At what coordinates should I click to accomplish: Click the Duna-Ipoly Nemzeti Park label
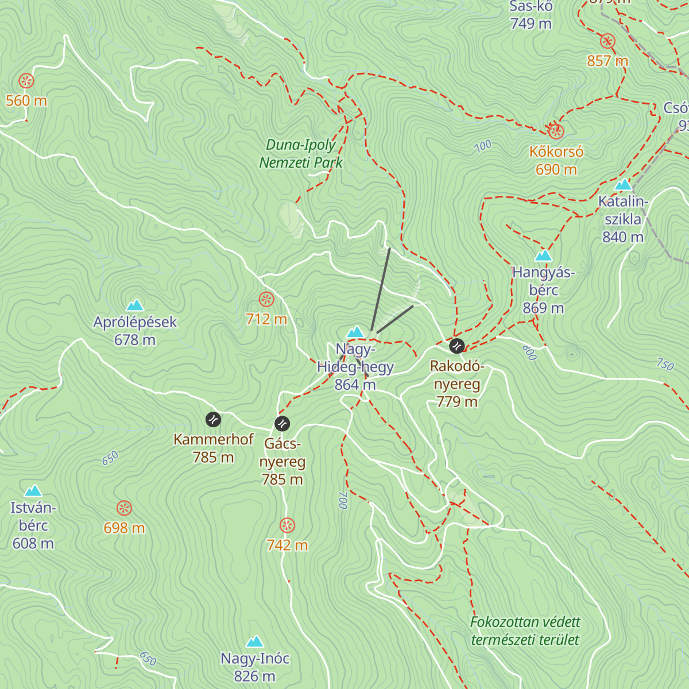click(301, 154)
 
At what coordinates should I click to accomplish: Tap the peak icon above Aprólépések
click(135, 305)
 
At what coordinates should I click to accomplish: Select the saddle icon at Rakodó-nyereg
click(456, 346)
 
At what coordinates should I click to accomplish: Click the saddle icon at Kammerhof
click(213, 420)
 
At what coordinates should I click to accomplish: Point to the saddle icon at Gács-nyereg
click(282, 424)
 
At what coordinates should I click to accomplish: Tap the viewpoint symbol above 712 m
click(266, 299)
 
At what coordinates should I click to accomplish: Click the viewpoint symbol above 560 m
click(26, 80)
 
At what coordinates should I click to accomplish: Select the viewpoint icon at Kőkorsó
click(555, 131)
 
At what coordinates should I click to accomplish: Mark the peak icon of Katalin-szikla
click(623, 184)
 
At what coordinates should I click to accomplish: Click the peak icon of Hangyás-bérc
click(543, 256)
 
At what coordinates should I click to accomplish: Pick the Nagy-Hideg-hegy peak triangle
click(355, 332)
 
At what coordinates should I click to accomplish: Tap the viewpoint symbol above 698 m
click(124, 508)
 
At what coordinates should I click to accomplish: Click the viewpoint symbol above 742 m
click(287, 525)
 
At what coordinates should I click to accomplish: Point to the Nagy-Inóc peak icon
click(254, 641)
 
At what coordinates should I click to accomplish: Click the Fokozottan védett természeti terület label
click(525, 631)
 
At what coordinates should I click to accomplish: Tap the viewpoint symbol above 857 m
click(607, 41)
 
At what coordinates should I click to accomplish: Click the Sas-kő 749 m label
click(531, 15)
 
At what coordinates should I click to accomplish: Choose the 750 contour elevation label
click(665, 364)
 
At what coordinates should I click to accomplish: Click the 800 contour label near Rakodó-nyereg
click(529, 352)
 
